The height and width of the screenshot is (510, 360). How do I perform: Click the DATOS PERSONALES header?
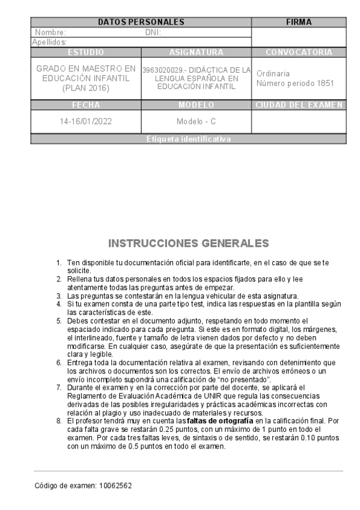[x=141, y=22]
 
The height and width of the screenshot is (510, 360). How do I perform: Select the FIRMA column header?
[x=299, y=22]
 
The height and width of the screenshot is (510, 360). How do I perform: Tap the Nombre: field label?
[x=51, y=32]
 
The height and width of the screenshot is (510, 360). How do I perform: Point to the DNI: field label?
[x=153, y=32]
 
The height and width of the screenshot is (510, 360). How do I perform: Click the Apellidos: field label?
[x=49, y=42]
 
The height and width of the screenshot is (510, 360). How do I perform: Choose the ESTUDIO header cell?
[x=86, y=52]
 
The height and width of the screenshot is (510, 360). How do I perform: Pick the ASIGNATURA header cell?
[x=196, y=52]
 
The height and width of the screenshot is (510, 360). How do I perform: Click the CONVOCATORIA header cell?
[x=299, y=52]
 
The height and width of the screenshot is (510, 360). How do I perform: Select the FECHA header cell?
[x=86, y=105]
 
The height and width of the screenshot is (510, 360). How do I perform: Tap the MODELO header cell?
[x=196, y=105]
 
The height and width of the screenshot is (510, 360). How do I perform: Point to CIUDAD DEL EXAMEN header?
[x=299, y=105]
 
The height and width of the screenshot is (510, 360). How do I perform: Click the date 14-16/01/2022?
[x=86, y=121]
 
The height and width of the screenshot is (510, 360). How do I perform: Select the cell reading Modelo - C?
[x=196, y=121]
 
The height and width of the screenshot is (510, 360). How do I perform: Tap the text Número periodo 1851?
[x=295, y=84]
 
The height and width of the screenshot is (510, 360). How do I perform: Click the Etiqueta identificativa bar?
[x=188, y=139]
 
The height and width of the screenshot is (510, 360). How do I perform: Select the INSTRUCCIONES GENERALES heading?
[x=180, y=244]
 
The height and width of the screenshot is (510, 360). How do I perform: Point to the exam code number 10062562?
[x=115, y=485]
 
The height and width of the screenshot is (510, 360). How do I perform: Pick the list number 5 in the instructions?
[x=59, y=321]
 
